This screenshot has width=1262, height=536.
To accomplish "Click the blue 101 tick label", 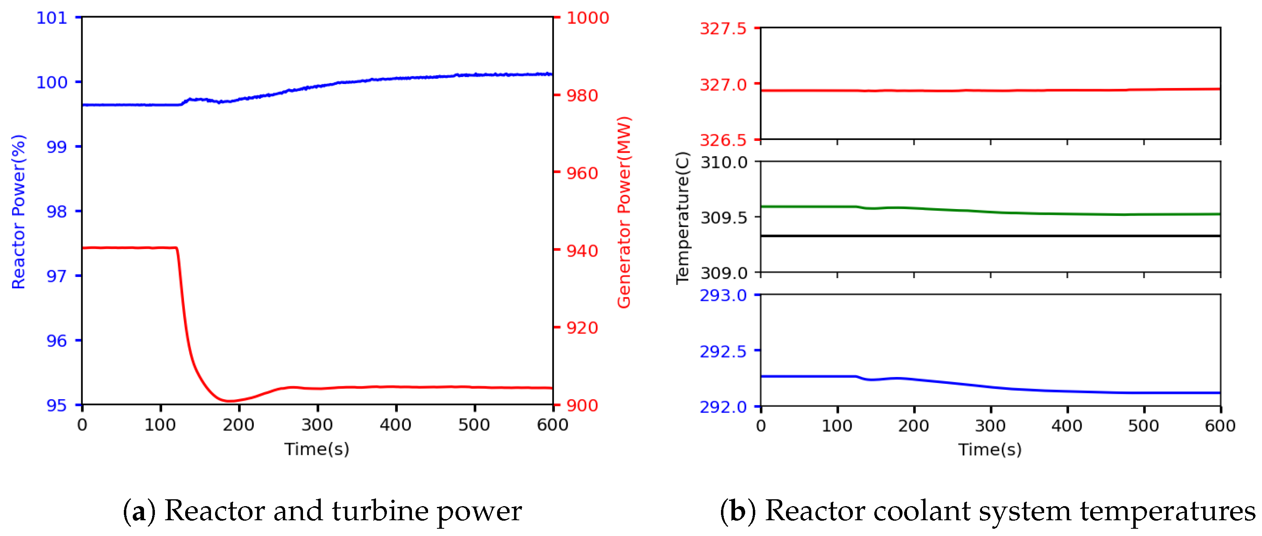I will [52, 18].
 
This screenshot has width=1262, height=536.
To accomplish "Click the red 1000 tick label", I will [587, 18].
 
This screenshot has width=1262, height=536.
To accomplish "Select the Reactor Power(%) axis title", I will [19, 211].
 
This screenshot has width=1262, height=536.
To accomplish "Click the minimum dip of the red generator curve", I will [229, 401].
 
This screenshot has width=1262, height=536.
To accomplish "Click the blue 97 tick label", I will [56, 276].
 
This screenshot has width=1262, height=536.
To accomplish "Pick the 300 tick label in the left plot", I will [317, 424].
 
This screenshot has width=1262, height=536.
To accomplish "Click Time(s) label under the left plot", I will [317, 448].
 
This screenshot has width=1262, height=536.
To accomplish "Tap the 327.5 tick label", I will [723, 28].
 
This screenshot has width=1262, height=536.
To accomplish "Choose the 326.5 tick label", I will [723, 140].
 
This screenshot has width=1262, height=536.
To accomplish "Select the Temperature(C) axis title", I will [683, 218].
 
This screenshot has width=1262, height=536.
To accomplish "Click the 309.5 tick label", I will [724, 217].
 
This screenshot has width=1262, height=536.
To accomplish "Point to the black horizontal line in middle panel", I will [990, 236].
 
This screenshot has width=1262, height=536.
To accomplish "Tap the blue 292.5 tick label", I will [723, 351].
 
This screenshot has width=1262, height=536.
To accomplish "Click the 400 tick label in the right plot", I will [1067, 425].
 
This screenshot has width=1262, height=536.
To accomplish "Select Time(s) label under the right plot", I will [990, 449].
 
